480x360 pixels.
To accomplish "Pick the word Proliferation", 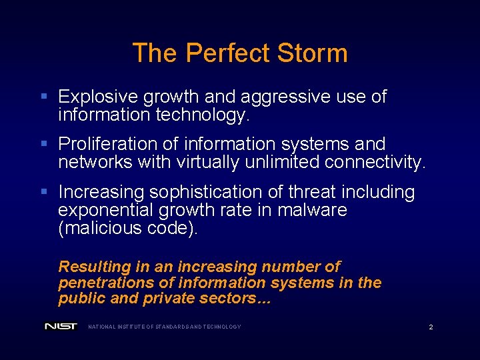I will (101, 144).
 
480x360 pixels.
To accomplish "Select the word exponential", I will (105, 211).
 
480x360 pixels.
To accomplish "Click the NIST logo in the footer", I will (61, 327).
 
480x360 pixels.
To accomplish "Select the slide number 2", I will (431, 327).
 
